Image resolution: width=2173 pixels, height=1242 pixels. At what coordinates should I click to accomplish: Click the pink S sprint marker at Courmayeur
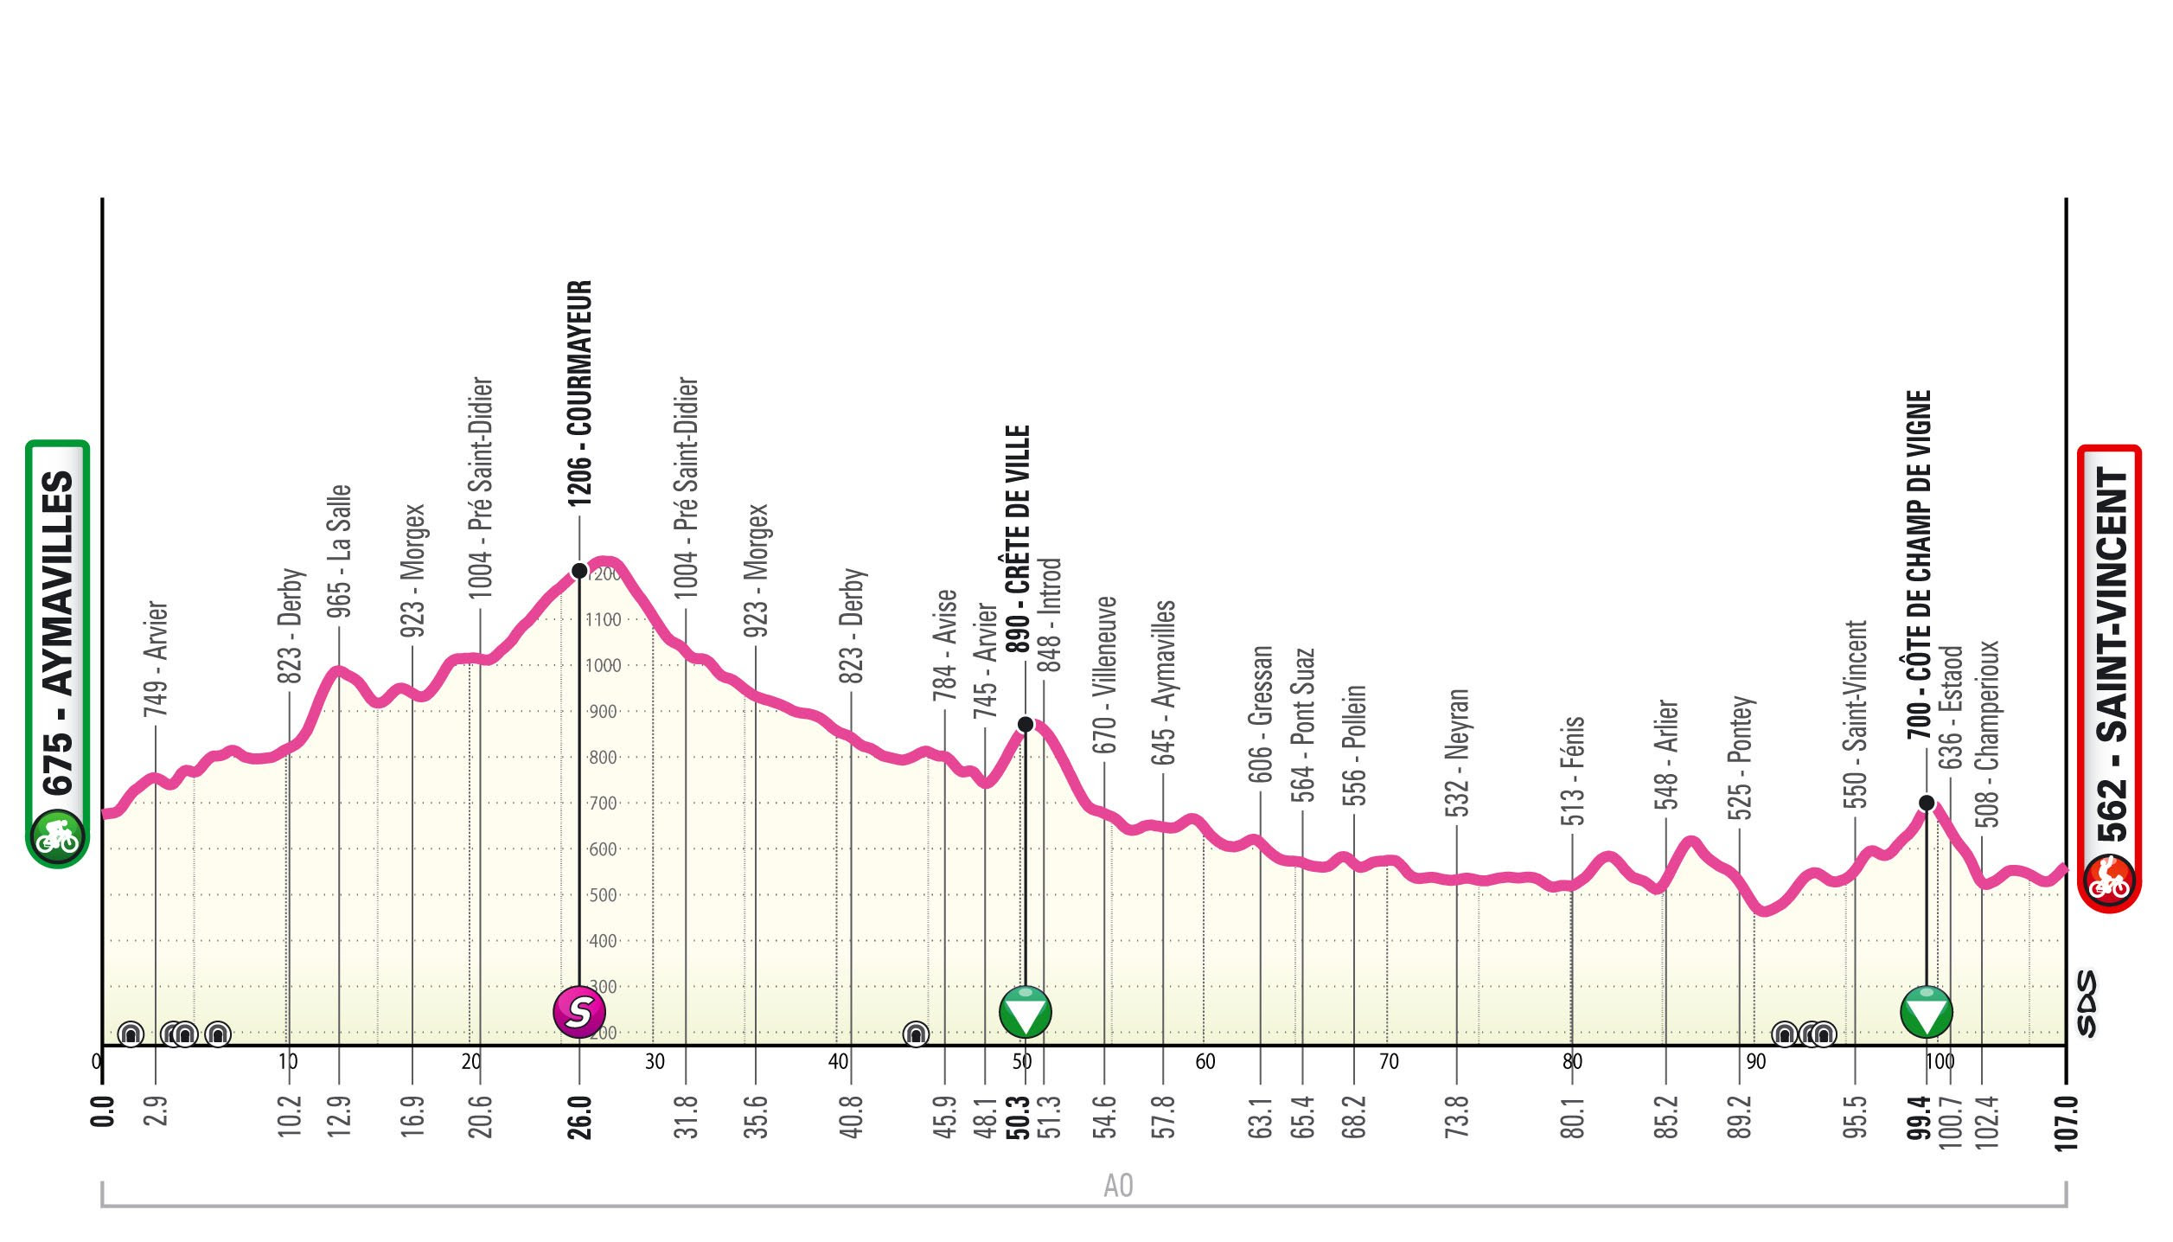click(579, 1010)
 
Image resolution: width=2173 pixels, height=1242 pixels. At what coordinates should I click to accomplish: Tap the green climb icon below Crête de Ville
click(1025, 1010)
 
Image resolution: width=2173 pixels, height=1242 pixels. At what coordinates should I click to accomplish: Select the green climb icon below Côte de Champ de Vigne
click(1927, 1010)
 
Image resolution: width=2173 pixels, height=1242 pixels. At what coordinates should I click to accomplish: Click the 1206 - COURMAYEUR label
click(579, 394)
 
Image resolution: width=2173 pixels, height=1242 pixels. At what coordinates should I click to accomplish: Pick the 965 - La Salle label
click(339, 551)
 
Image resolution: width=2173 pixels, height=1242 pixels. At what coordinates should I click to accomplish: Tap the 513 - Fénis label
click(1573, 771)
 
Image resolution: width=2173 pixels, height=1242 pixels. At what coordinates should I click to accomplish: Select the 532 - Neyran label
click(1457, 752)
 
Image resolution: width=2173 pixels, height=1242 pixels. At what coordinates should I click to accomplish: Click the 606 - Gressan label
click(1261, 714)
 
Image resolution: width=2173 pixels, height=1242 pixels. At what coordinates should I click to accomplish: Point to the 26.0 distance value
click(579, 1117)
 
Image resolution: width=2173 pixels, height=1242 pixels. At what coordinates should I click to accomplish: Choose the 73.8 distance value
click(1457, 1117)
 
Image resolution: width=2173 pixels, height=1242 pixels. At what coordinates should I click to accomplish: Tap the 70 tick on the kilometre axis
click(1388, 1061)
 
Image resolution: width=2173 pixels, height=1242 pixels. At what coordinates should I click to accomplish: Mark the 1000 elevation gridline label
click(604, 666)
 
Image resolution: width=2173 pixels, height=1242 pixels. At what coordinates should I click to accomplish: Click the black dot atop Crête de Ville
click(1025, 724)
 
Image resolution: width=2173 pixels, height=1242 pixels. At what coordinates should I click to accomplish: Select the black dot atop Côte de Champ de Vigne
click(1927, 803)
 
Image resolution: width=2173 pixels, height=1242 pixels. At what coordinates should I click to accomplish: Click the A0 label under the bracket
click(1118, 1186)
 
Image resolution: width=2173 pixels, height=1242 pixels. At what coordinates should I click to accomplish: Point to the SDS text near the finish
click(2087, 1003)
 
